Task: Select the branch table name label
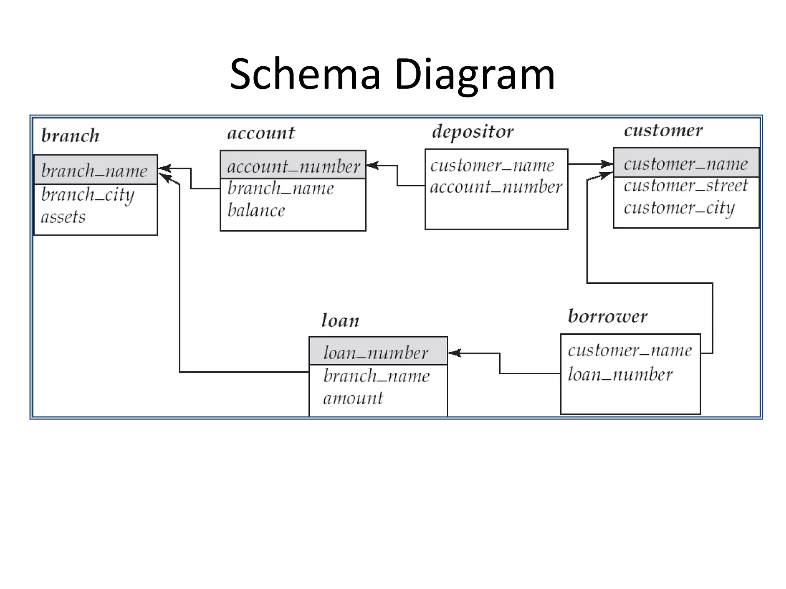[x=70, y=136]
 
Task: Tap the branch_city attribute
[x=88, y=195]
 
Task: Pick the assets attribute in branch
[x=63, y=217]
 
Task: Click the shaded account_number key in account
[x=294, y=166]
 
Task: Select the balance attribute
[x=256, y=211]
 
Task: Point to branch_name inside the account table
[x=281, y=188]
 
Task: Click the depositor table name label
[x=472, y=132]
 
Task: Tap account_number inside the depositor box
[x=496, y=187]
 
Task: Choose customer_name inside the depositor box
[x=492, y=166]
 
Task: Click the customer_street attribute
[x=685, y=186]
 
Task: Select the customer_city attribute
[x=679, y=208]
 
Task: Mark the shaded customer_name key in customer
[x=685, y=164]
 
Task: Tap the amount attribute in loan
[x=353, y=398]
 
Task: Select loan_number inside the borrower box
[x=620, y=374]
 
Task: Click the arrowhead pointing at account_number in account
[x=373, y=166]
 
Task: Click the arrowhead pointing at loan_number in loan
[x=454, y=353]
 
